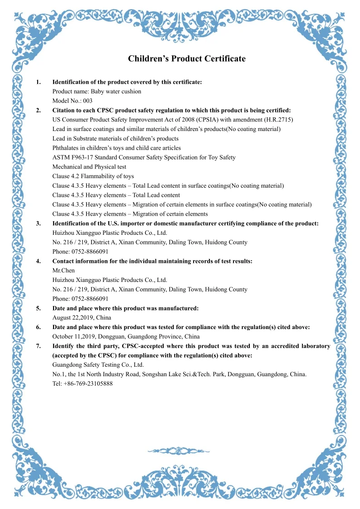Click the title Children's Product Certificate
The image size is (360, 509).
click(186, 59)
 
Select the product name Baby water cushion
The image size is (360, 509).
click(116, 92)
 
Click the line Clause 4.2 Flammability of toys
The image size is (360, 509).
click(93, 176)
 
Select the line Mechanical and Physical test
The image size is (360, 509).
click(89, 167)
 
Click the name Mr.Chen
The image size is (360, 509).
click(63, 271)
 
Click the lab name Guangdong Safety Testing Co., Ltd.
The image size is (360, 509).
click(98, 365)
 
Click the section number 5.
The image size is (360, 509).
click(39, 308)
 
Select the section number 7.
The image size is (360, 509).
click(39, 346)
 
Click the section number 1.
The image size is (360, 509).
click(39, 82)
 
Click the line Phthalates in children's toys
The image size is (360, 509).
click(117, 148)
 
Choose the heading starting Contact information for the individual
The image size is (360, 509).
click(152, 261)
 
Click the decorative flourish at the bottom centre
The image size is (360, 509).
click(180, 451)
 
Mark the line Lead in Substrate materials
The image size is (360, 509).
click(115, 139)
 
